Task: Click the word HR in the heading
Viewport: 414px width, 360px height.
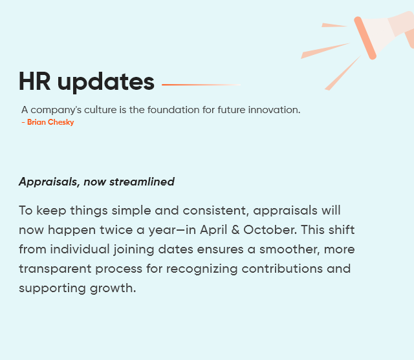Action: point(34,81)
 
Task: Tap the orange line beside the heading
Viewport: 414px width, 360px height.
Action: point(201,85)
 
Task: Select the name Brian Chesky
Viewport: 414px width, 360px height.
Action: point(50,122)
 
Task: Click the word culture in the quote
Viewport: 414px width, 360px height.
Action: point(100,110)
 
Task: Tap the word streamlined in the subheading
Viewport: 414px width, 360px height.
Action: point(142,182)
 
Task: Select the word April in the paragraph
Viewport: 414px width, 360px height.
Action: point(213,230)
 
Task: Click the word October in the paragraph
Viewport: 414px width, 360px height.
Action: point(270,230)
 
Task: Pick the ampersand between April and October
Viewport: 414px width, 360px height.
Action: point(235,230)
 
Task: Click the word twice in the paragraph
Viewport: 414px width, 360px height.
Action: point(116,230)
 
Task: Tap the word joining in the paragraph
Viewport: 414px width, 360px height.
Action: point(134,249)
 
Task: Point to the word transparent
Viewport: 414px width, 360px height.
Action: point(55,269)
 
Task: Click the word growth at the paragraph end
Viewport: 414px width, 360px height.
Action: point(113,288)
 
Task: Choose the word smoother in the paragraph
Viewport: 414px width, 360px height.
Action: point(290,249)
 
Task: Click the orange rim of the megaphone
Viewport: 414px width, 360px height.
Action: point(365,38)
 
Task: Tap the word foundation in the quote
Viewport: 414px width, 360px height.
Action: point(173,110)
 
